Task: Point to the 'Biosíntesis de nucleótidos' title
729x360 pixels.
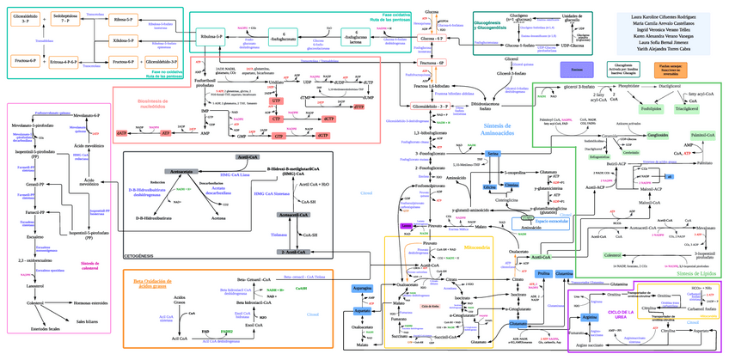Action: (154, 104)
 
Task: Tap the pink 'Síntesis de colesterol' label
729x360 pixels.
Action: (89, 265)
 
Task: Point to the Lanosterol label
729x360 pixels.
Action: (35, 284)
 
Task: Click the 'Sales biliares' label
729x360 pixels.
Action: (89, 321)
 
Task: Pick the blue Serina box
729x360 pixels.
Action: (493, 153)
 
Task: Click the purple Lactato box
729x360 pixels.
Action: (407, 225)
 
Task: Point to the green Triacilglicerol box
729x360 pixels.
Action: (687, 109)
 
